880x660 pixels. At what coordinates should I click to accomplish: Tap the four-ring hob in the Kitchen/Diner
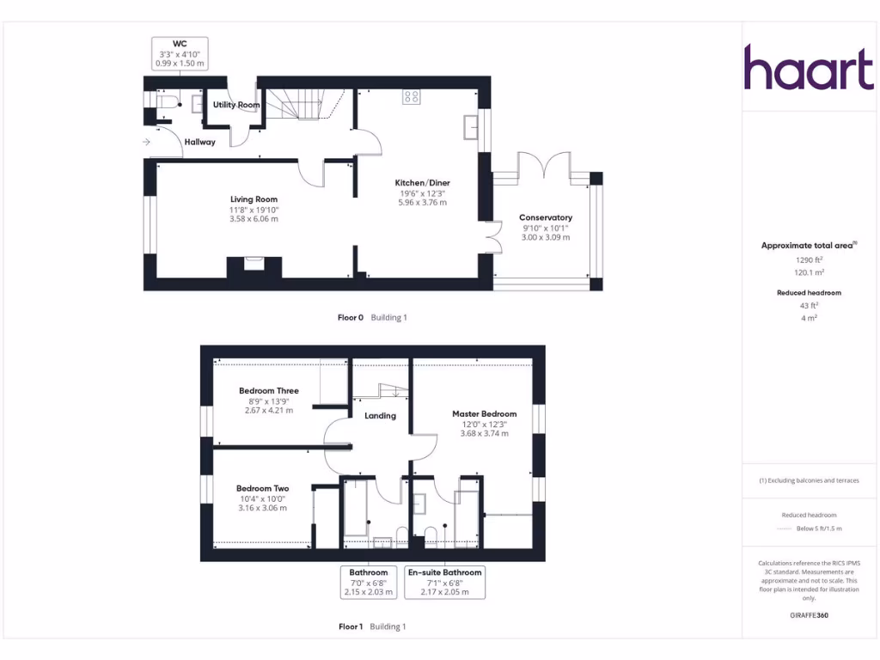coord(412,98)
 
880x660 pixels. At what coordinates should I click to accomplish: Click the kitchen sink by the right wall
coord(470,127)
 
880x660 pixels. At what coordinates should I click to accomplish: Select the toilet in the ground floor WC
coord(167,101)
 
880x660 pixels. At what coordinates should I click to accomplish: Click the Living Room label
coord(254,199)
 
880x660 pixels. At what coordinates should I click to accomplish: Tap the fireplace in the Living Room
coord(254,264)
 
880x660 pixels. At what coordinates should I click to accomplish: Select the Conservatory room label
coord(545,217)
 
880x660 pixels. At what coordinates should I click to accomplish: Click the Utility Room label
coord(236,105)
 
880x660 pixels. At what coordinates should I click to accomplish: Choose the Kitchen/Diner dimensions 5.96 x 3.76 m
coord(422,203)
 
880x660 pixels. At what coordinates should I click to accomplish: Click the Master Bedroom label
coord(485,413)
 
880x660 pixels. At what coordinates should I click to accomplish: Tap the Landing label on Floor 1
coord(380,416)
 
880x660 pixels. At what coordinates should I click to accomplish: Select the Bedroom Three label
coord(269,391)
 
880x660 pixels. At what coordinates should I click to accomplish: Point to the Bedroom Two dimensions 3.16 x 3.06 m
coord(263,508)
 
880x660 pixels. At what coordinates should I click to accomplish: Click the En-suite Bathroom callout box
coord(444,582)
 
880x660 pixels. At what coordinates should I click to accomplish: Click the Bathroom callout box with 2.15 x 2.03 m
coord(369,582)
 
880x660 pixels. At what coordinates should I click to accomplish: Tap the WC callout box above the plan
coord(180,52)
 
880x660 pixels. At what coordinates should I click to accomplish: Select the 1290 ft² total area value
coord(809,259)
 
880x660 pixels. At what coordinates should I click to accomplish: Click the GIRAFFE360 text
coord(809,615)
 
